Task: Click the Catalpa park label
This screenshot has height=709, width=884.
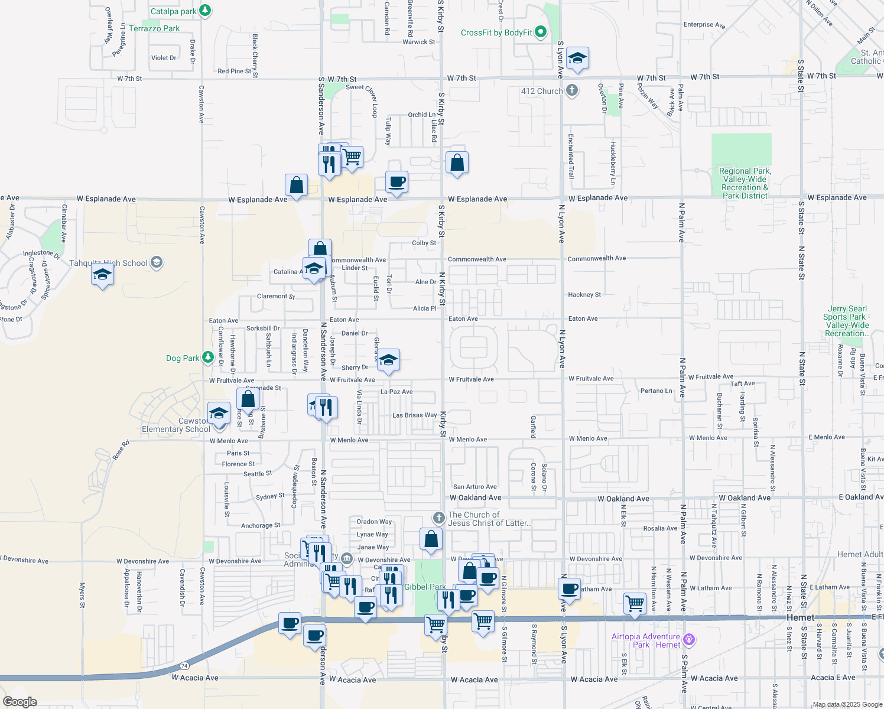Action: coord(173,11)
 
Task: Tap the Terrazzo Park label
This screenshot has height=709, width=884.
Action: coord(154,28)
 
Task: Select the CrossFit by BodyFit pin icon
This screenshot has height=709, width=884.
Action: coord(541,32)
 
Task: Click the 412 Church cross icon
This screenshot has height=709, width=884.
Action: coord(571,90)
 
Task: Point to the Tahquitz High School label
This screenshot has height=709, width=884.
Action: coord(108,263)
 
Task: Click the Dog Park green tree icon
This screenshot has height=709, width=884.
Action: coord(207,357)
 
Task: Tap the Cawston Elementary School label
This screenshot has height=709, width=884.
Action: coord(176,425)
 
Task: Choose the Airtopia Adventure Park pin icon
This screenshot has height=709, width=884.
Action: coord(688,639)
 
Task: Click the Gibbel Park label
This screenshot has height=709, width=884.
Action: coord(425,587)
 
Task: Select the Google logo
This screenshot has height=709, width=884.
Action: coord(19,702)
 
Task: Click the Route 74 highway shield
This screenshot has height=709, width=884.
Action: coord(184,665)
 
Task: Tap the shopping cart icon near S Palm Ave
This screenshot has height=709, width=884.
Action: coord(635,603)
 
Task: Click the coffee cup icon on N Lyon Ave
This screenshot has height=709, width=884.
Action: coord(570,588)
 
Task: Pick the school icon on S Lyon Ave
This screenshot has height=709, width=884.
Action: coord(577,58)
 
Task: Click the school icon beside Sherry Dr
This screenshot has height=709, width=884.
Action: coord(388,360)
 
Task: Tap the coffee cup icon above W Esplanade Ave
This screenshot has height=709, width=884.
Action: coord(397,181)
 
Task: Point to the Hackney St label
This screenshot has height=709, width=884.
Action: coord(584,294)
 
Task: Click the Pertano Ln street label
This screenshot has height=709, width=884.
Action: coord(656,391)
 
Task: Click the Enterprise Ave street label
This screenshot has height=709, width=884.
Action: coord(704,25)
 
